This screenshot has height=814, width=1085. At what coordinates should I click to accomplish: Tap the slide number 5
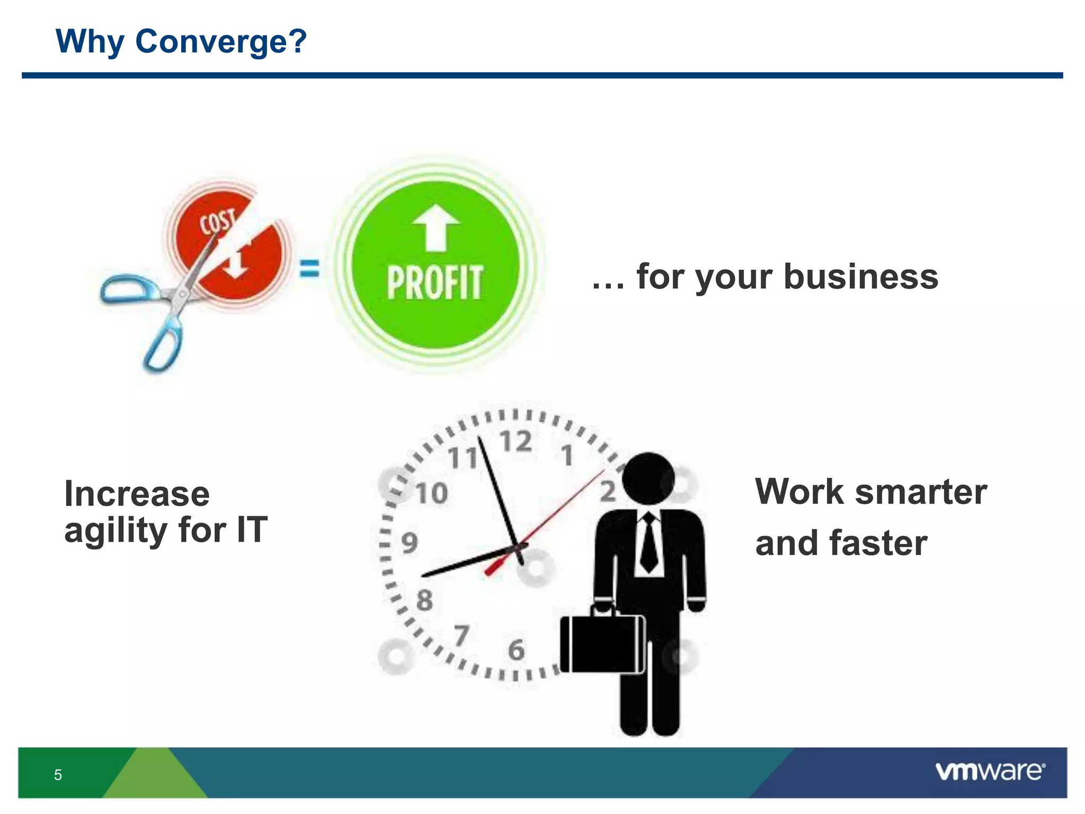[x=58, y=775]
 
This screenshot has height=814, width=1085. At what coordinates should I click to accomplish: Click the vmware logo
[x=990, y=771]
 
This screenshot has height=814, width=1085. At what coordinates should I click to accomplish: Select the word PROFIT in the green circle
[x=434, y=283]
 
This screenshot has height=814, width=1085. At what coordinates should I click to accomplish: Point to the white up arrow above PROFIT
[x=435, y=227]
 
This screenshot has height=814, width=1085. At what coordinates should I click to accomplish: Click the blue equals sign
[x=309, y=268]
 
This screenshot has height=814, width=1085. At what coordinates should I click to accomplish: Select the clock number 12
[x=515, y=442]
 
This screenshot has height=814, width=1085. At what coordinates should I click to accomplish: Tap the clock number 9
[x=409, y=543]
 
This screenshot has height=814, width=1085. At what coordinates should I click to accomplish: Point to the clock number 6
[x=516, y=650]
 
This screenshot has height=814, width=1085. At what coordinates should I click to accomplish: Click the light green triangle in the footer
[x=154, y=776]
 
